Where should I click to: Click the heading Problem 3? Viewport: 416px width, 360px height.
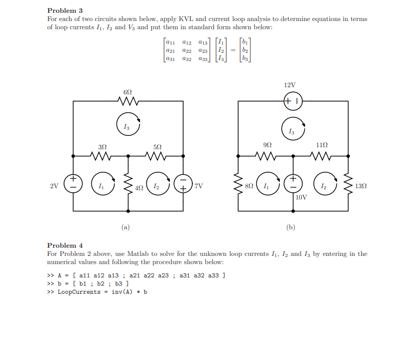tap(65, 10)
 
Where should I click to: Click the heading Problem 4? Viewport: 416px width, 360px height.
tap(65, 245)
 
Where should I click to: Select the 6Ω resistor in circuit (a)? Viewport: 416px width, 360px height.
tap(128, 101)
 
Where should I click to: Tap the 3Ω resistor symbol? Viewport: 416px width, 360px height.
tap(101, 155)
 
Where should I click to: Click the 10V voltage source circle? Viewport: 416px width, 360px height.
tap(293, 183)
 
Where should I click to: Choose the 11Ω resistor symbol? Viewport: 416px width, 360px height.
tap(322, 155)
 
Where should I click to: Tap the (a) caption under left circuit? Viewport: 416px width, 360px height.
tap(126, 227)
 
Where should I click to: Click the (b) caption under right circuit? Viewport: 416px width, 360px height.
tap(291, 227)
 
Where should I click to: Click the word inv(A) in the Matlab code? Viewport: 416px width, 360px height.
tap(122, 292)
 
